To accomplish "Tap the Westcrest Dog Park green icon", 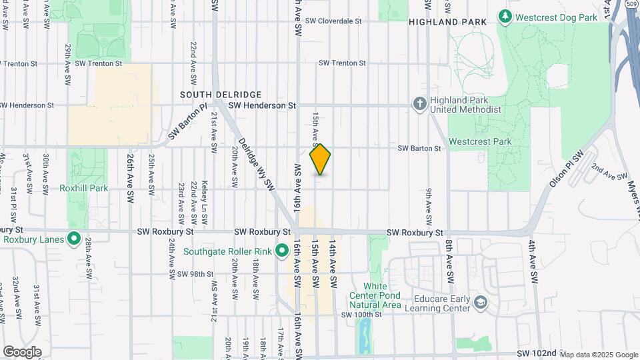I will pos(505,17).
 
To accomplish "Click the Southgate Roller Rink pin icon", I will pos(281,251).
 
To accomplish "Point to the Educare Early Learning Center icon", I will pos(480,304).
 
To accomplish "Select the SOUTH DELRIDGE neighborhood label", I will pos(220,95).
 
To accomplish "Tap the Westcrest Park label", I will pos(479,141).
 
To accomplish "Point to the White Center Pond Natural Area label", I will pos(377,295).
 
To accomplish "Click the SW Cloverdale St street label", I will pos(333,21).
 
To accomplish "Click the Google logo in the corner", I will pos(22,351).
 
